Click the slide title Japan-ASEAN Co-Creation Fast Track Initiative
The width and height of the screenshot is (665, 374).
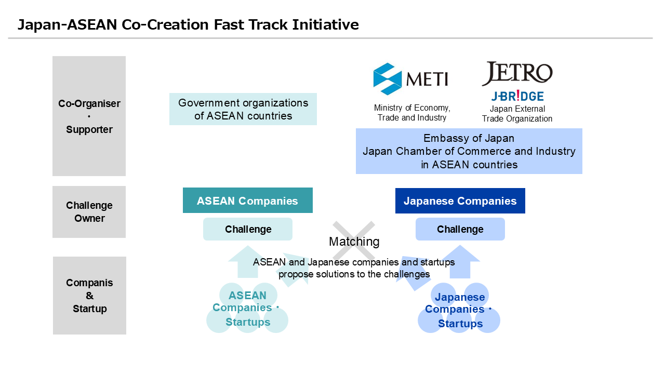click(x=188, y=24)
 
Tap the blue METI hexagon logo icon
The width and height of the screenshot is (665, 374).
click(x=388, y=79)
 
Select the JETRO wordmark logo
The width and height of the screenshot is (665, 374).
click(x=517, y=73)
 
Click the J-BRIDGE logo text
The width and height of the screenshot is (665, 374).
click(x=517, y=96)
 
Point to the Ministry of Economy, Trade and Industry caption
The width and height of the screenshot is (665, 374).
click(x=412, y=113)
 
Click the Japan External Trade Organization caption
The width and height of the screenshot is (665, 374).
click(x=517, y=114)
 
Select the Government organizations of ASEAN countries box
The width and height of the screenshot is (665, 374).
click(x=243, y=109)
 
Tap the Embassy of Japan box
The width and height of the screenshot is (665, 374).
click(x=469, y=151)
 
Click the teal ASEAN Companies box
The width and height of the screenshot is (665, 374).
click(x=248, y=201)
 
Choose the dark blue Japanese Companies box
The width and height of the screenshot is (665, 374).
click(x=460, y=201)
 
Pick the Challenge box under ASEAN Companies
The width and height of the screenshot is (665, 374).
click(x=248, y=229)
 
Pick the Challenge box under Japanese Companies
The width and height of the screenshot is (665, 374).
click(x=460, y=229)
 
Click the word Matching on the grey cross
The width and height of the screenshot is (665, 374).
click(x=354, y=242)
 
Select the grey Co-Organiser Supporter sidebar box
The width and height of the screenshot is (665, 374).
click(x=89, y=116)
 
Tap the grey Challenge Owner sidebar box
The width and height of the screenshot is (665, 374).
click(x=89, y=212)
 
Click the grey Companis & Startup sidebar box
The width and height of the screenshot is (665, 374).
click(x=89, y=296)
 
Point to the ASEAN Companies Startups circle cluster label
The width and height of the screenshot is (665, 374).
click(x=247, y=309)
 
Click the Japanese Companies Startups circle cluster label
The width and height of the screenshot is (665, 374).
click(x=459, y=310)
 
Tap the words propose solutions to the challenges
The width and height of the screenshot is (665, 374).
click(x=354, y=274)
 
